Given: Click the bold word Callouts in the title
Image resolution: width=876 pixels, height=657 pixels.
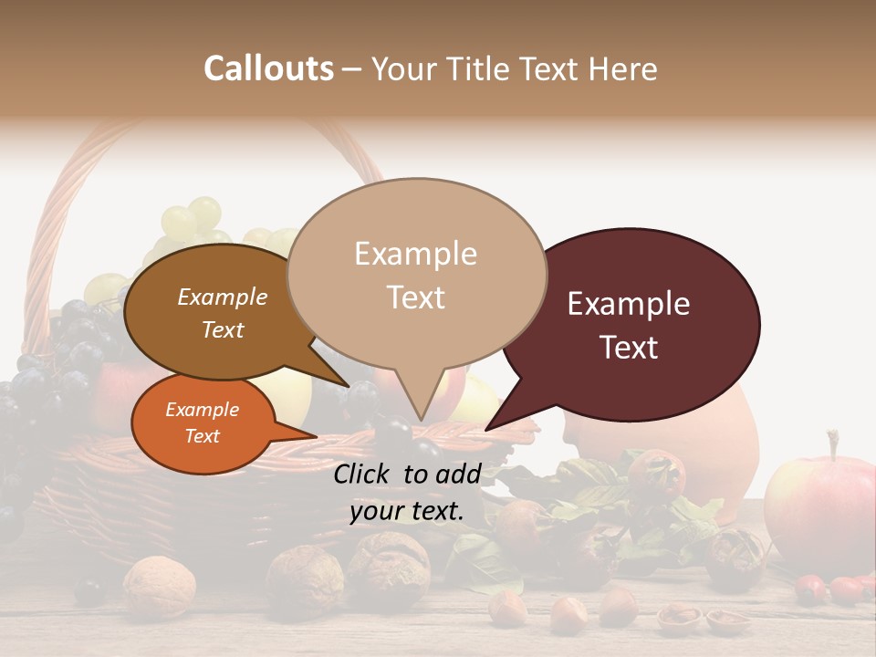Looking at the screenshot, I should pyautogui.click(x=268, y=68).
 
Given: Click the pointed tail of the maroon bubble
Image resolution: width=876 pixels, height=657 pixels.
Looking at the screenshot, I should pyautogui.click(x=488, y=428).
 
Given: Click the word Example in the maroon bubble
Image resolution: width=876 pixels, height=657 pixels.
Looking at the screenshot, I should pyautogui.click(x=629, y=304).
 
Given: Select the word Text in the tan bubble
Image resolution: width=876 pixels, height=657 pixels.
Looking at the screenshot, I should pyautogui.click(x=416, y=297).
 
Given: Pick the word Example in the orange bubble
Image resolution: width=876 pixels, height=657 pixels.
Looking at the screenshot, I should pyautogui.click(x=202, y=410).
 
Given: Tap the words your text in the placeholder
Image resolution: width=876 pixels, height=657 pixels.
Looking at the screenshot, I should pyautogui.click(x=407, y=511).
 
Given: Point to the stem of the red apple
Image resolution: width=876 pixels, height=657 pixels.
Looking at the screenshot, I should pyautogui.click(x=831, y=443).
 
